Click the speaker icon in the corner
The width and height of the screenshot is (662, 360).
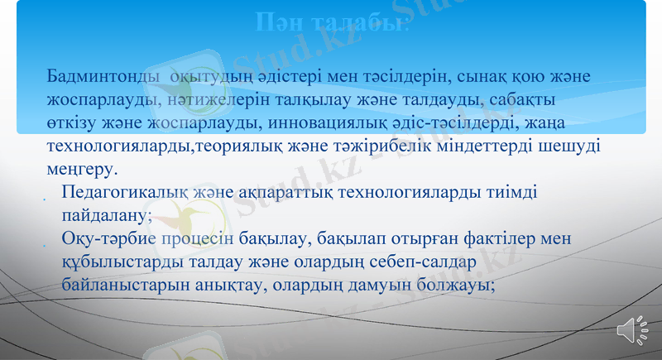pos(633,329)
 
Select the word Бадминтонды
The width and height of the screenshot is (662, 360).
pos(98,77)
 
